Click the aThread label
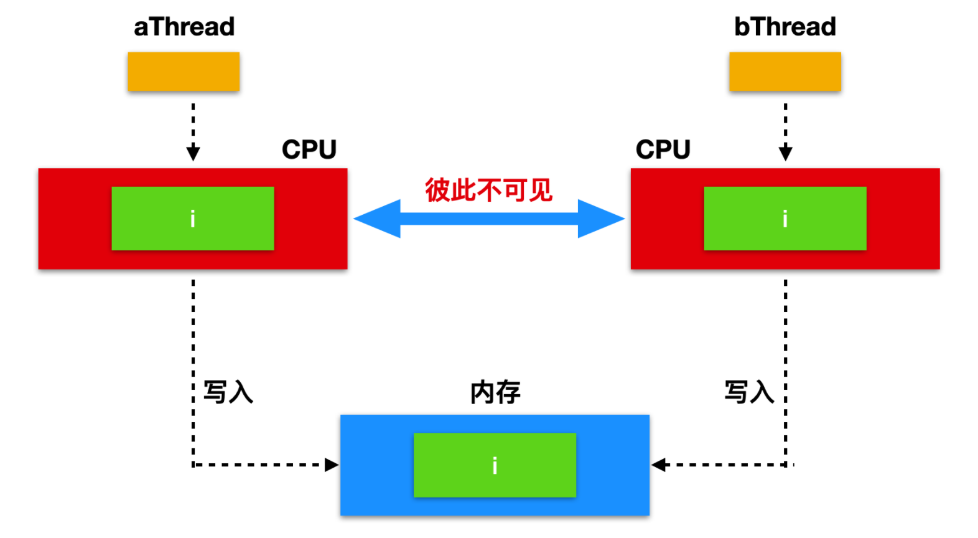click(x=184, y=27)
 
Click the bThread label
click(x=785, y=27)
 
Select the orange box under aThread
click(x=184, y=71)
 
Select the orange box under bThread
click(x=785, y=71)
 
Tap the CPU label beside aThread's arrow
click(x=309, y=149)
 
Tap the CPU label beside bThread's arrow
click(x=663, y=149)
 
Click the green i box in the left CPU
click(x=193, y=219)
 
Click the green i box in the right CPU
click(x=785, y=219)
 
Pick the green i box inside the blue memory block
click(x=495, y=465)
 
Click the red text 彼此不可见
click(x=489, y=190)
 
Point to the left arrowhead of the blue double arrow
click(x=377, y=219)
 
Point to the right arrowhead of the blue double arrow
click(x=601, y=219)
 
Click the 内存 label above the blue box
click(x=495, y=392)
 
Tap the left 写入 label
click(x=228, y=392)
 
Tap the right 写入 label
click(x=749, y=392)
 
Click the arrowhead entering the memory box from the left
click(x=332, y=465)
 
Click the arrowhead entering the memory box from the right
click(x=658, y=465)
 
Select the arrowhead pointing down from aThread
click(x=193, y=154)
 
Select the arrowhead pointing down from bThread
click(x=786, y=154)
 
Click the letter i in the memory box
click(x=495, y=465)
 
